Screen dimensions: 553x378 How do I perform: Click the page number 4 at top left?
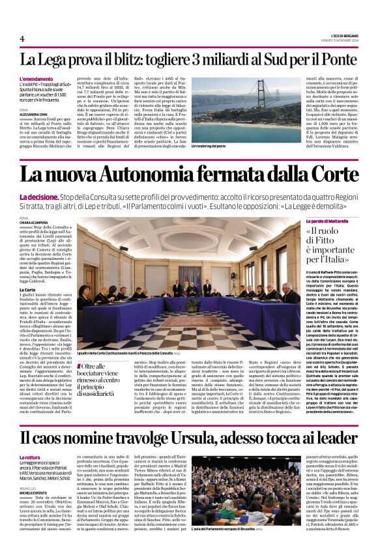point(22,38)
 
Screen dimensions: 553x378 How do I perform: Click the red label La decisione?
point(40,197)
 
